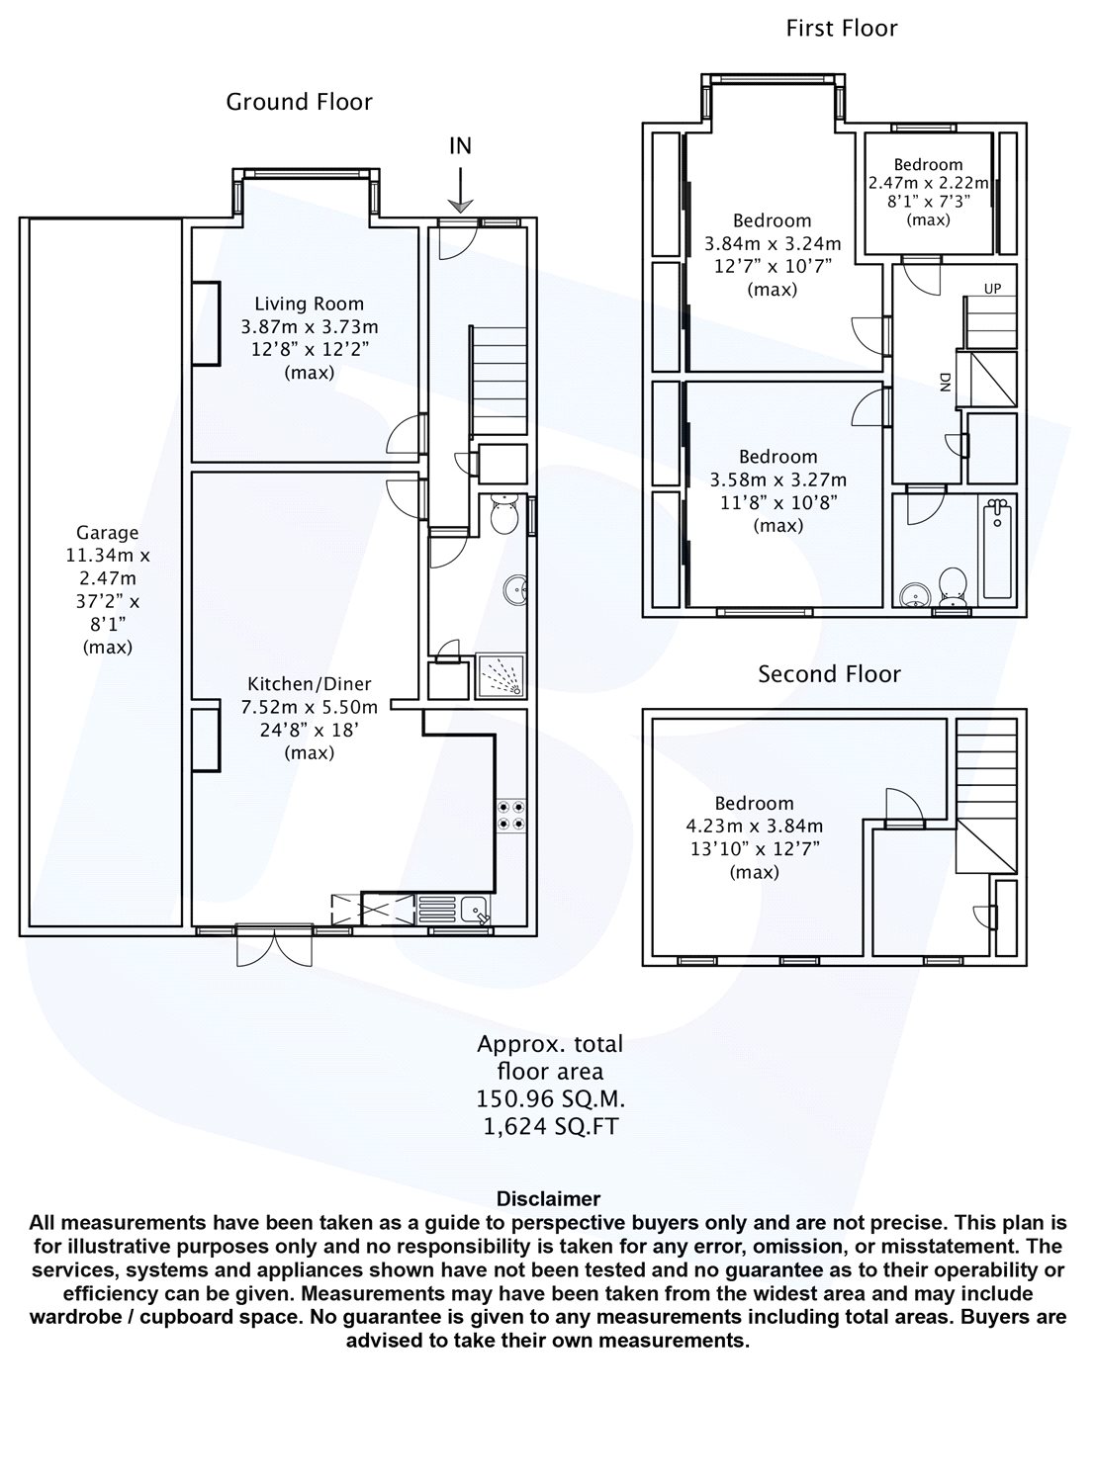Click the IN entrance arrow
click(460, 191)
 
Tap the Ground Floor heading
click(299, 102)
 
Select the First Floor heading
click(841, 28)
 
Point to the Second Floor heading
click(829, 673)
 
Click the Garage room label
click(107, 532)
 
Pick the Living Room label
click(310, 304)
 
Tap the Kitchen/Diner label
click(310, 683)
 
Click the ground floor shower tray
click(501, 676)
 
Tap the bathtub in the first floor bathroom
click(997, 549)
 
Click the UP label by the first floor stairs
click(992, 288)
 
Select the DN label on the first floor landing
click(945, 382)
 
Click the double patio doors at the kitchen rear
click(274, 945)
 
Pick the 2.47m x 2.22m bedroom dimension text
click(928, 183)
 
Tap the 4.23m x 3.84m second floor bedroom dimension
click(754, 826)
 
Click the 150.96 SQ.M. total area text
click(550, 1098)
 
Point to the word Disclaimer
click(548, 1198)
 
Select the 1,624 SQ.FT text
click(550, 1127)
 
